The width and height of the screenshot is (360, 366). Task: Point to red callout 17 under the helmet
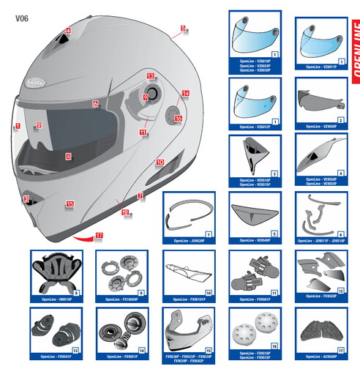coord(99,235)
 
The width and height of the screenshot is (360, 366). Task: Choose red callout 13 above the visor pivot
coord(150,76)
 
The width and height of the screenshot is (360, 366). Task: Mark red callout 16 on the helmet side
coord(178,117)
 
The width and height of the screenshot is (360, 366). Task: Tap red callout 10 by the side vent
coord(160,163)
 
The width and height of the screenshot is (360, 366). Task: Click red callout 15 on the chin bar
coord(70,204)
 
